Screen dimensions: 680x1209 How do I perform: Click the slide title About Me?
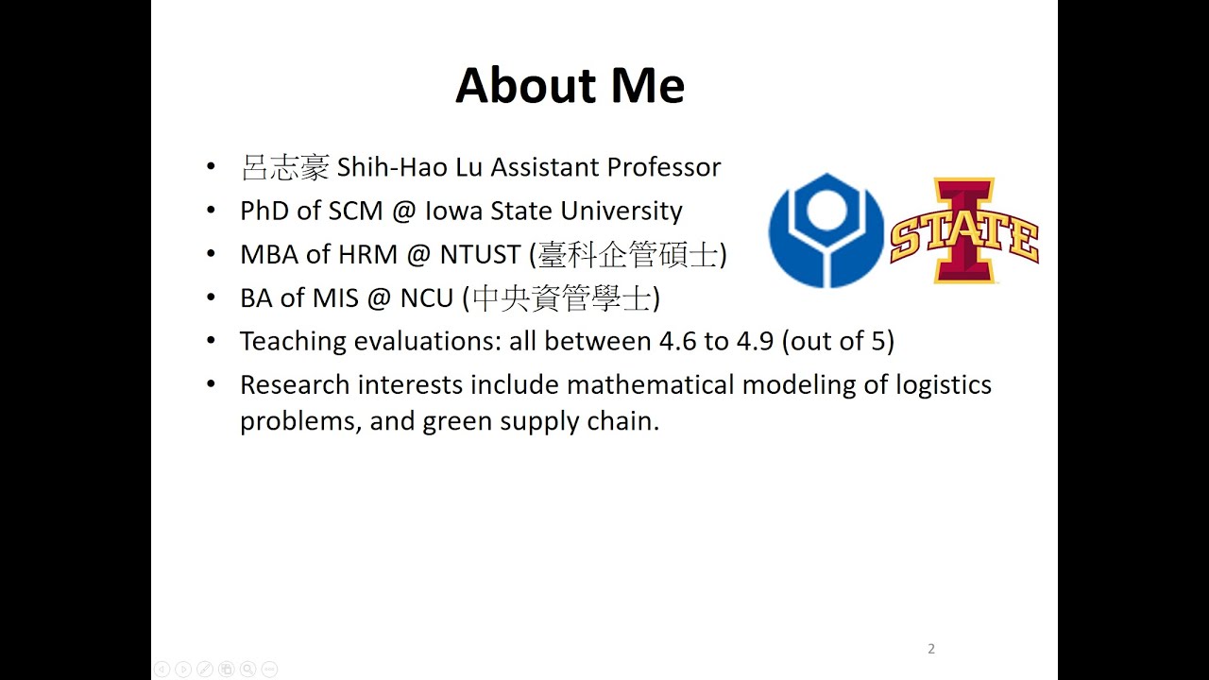pyautogui.click(x=570, y=86)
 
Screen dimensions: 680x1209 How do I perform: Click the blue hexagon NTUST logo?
pyautogui.click(x=826, y=230)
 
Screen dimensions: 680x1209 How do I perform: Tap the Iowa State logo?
pyautogui.click(x=963, y=230)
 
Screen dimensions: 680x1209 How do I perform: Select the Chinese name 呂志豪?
pyautogui.click(x=284, y=168)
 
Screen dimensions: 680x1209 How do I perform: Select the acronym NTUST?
pyautogui.click(x=480, y=254)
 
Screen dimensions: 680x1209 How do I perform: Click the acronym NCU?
pyautogui.click(x=427, y=297)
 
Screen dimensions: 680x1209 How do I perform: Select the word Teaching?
pyautogui.click(x=293, y=341)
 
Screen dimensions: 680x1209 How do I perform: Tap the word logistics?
pyautogui.click(x=944, y=385)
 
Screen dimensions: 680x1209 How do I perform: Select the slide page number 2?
pyautogui.click(x=931, y=649)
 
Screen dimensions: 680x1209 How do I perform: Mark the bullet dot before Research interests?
pyautogui.click(x=211, y=384)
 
